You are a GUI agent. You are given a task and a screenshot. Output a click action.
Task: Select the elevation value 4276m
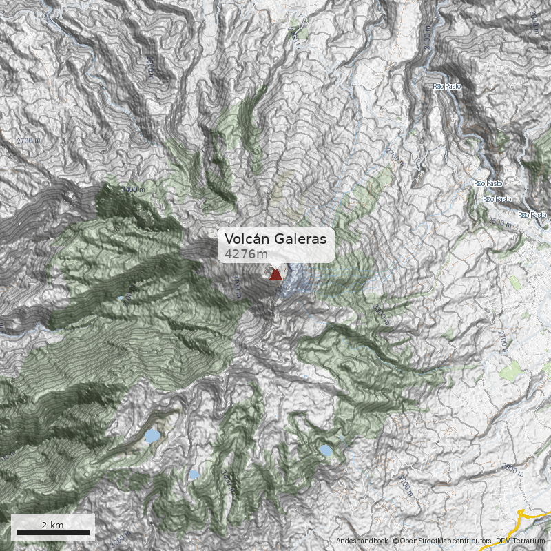pos(247,254)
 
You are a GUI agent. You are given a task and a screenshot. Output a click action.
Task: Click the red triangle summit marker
pos(275,275)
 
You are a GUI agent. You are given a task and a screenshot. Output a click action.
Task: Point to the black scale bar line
pos(53,532)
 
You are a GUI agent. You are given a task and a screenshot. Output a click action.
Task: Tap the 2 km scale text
pos(52,525)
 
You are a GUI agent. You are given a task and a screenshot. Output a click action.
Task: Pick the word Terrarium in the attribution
pos(527,541)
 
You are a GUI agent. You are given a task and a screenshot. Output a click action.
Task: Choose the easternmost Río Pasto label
pos(532,216)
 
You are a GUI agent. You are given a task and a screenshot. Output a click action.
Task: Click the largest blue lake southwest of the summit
pos(152,436)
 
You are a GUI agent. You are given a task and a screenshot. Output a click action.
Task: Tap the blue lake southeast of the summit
pos(325,450)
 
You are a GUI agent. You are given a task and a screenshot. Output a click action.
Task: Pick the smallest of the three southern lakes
pos(194,475)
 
